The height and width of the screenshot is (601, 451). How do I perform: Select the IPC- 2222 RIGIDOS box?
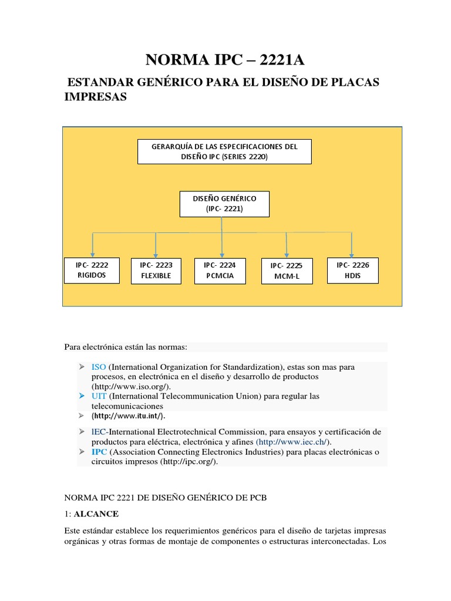[91, 270]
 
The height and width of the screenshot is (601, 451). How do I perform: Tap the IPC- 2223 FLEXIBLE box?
[156, 270]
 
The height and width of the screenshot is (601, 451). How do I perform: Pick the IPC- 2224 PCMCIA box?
[220, 270]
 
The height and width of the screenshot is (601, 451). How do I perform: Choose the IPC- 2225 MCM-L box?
[286, 271]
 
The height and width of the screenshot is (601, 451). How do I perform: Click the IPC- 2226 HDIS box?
[352, 270]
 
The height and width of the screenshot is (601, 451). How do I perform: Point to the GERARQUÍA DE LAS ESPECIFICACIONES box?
[224, 151]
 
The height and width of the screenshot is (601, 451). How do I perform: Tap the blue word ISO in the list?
[99, 367]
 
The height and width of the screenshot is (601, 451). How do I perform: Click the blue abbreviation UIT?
[99, 396]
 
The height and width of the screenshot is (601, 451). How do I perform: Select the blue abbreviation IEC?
[99, 431]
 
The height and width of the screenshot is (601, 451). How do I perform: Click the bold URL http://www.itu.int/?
[128, 416]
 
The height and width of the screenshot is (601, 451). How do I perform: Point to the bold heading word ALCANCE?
[96, 514]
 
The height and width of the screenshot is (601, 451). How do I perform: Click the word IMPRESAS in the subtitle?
[95, 97]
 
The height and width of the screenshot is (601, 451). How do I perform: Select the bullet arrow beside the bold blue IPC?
[82, 451]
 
